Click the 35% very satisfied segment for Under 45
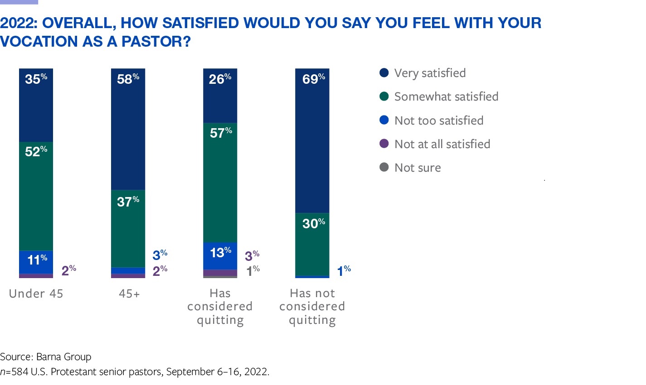coord(36,105)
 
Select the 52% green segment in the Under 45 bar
coord(36,196)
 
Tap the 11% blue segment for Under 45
coord(36,262)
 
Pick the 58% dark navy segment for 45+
coord(128,129)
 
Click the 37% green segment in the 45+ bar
coord(128,228)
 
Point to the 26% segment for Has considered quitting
coord(220,96)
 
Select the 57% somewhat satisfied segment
coord(220,183)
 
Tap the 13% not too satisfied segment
coord(220,256)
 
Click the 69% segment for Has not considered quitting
coord(312,140)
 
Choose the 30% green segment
coord(312,244)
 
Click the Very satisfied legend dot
coord(384,73)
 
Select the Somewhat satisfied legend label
coord(446,96)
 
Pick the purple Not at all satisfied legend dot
coord(384,144)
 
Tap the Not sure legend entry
coord(417,168)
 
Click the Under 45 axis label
coord(36,294)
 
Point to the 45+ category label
coord(129,294)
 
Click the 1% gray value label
coord(253,271)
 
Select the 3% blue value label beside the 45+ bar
coord(160,255)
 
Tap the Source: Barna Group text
coord(46,356)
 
